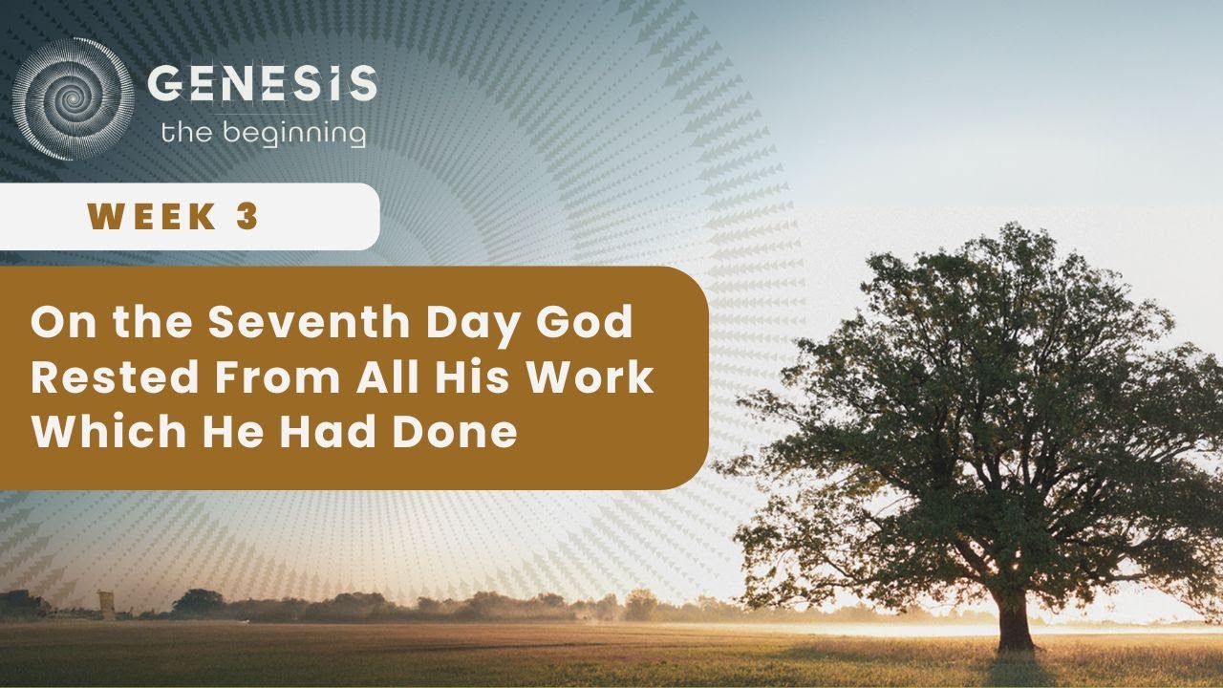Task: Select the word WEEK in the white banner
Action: (x=152, y=217)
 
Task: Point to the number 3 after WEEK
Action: (x=247, y=217)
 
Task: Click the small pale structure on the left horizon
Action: (x=107, y=605)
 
